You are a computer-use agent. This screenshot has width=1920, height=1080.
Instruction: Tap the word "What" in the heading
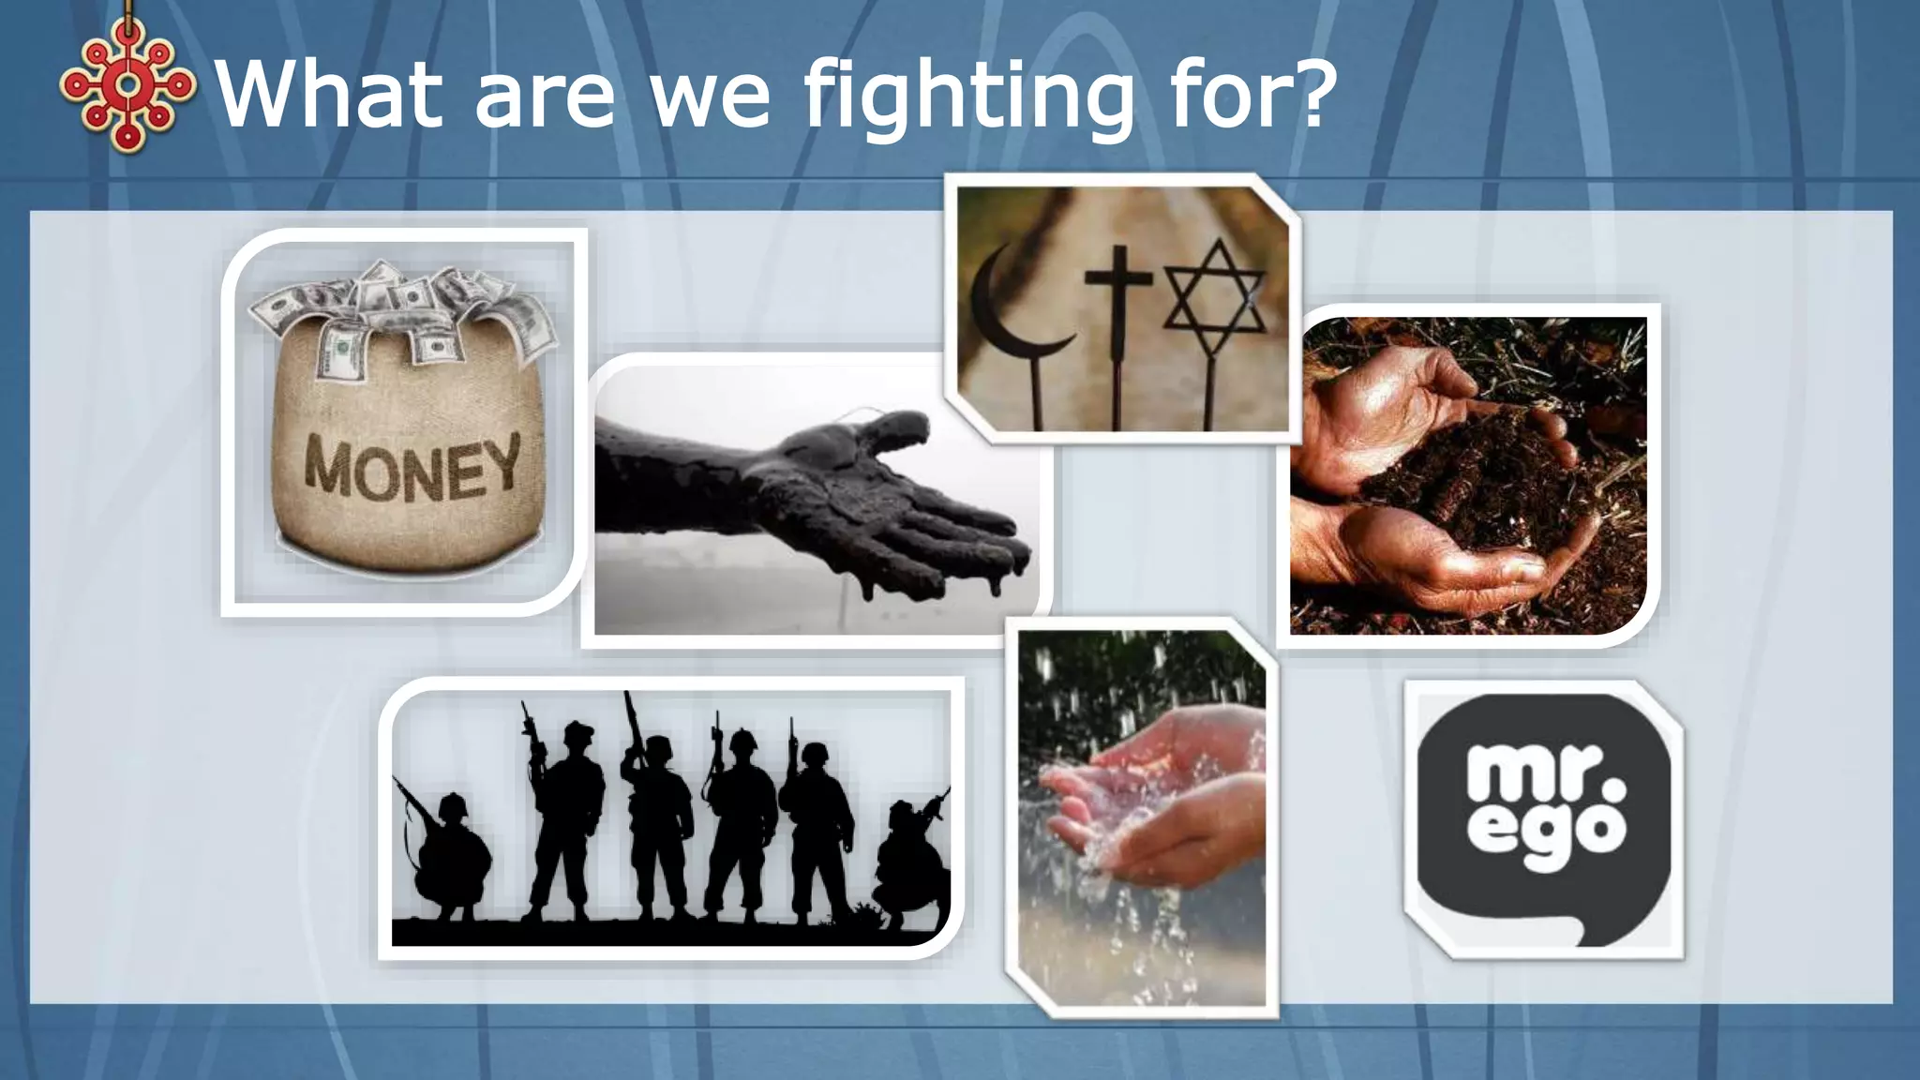[329, 94]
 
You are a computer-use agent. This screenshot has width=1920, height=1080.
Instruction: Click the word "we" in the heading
[712, 98]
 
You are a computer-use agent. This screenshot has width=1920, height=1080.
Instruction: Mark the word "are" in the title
[545, 98]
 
